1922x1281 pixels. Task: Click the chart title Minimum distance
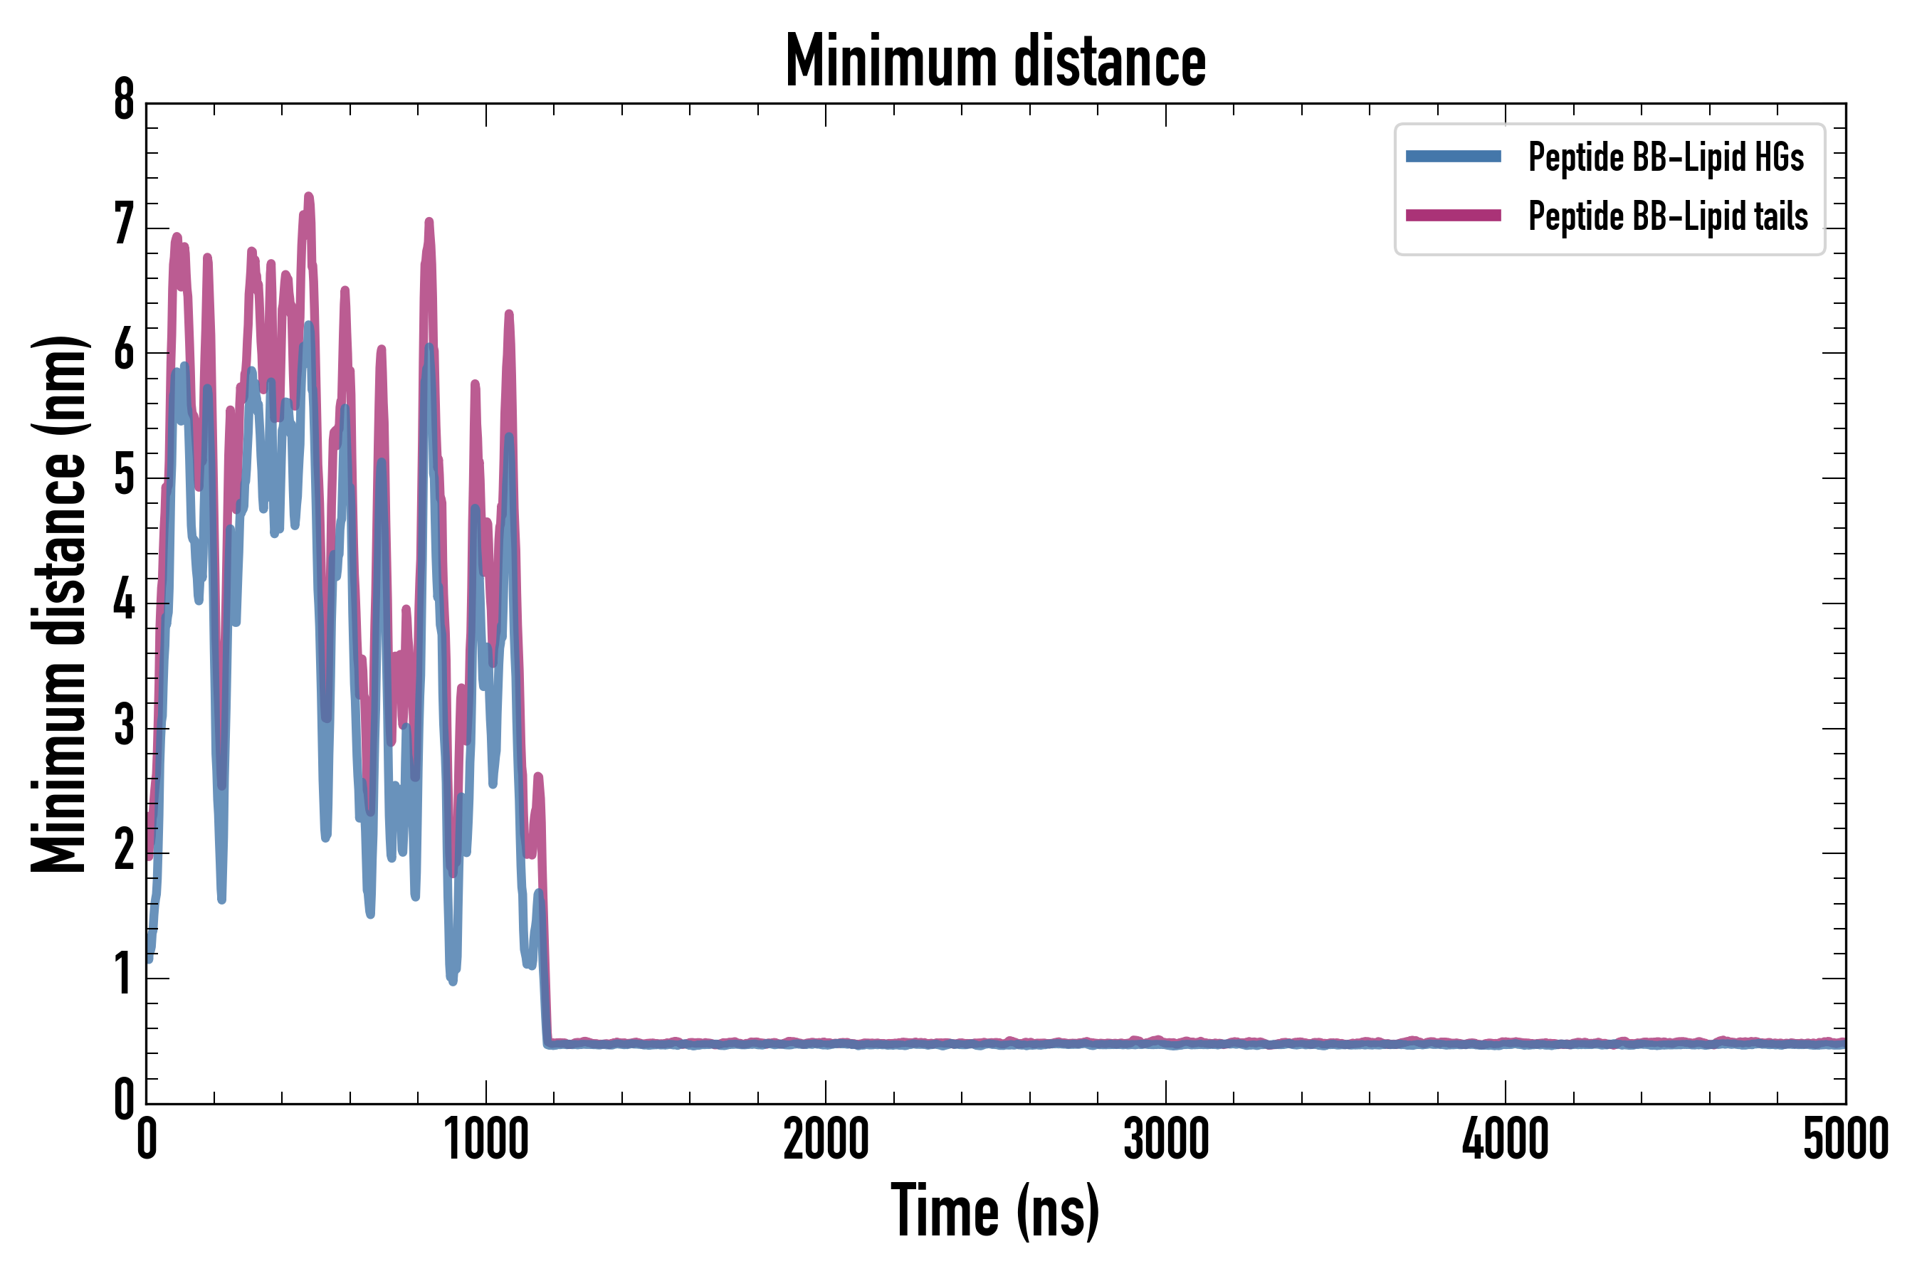pos(994,60)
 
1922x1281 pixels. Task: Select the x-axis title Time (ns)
pos(994,1211)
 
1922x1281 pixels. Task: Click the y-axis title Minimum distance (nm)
pos(59,603)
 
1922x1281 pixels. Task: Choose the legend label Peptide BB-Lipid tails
pos(1668,216)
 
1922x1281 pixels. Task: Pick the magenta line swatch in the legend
pos(1453,216)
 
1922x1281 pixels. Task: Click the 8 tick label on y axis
pos(124,101)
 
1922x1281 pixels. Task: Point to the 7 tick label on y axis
pos(124,225)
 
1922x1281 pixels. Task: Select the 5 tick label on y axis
pos(124,475)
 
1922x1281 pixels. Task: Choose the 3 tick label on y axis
pos(124,725)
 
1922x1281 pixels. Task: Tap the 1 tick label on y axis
pos(124,976)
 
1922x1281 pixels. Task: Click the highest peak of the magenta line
pos(308,196)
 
